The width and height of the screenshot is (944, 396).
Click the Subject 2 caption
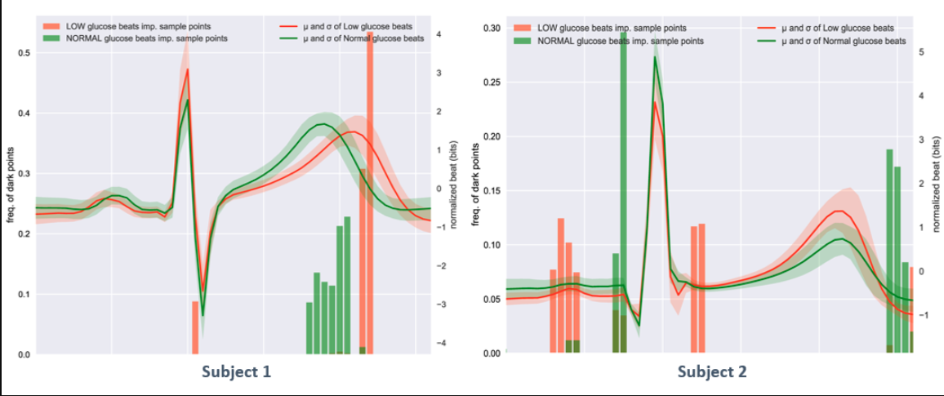tap(712, 372)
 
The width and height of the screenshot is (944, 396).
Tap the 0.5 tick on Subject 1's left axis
tap(24, 54)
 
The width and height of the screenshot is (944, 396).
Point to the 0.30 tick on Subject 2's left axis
tap(492, 28)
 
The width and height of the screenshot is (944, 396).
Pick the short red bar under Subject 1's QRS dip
tap(195, 327)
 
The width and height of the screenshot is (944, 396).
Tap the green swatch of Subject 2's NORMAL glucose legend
tap(522, 40)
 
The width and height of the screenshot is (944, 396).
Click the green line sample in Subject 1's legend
tap(287, 38)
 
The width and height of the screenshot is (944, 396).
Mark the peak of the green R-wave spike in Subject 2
tap(655, 57)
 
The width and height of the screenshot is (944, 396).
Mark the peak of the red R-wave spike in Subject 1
tap(188, 69)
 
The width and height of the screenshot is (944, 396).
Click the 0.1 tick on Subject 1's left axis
tap(24, 295)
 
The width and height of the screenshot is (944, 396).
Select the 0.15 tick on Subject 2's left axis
tap(492, 191)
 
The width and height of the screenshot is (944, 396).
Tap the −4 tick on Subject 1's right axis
tap(439, 344)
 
